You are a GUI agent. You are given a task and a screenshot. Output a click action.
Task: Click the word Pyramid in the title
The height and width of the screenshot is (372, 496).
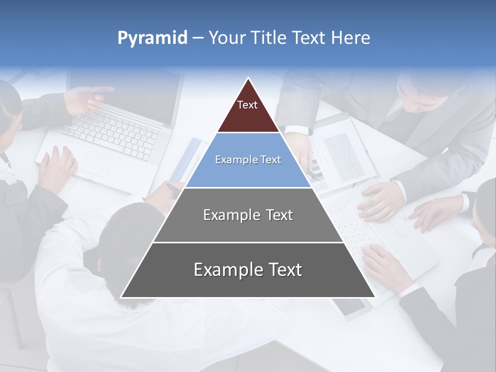tap(152, 38)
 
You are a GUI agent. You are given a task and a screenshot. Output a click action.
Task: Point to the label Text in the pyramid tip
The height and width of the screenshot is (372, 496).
tap(247, 105)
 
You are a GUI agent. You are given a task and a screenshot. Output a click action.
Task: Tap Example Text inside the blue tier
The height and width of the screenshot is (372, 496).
tap(248, 160)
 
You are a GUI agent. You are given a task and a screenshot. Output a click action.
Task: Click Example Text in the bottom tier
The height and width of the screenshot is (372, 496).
tap(248, 270)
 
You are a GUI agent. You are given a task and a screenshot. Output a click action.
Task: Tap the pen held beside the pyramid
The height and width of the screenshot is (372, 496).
tap(174, 187)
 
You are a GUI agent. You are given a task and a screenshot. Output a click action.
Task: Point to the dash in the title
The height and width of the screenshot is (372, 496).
tap(198, 38)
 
